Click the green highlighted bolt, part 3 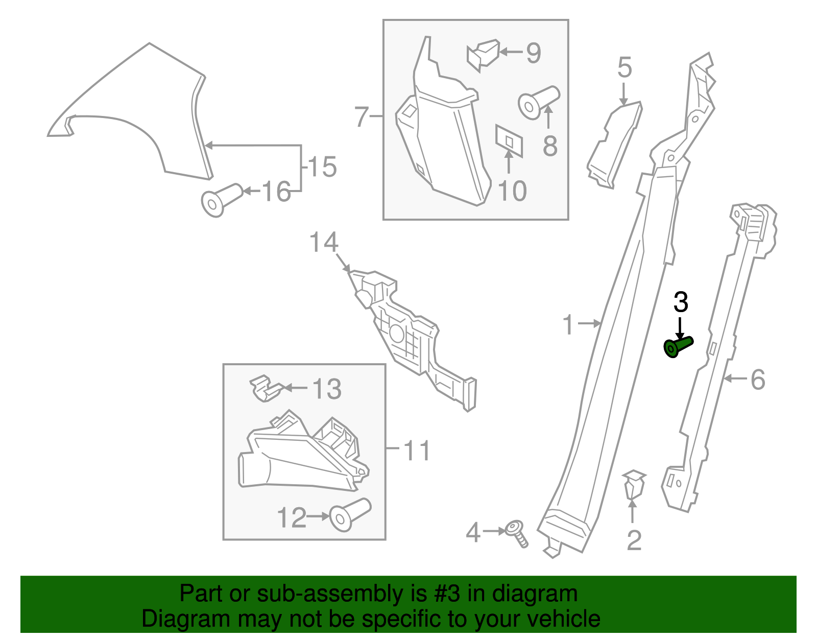pos(678,346)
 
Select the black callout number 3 pos(681,302)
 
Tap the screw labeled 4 pos(517,533)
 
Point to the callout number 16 pos(276,192)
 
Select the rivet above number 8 pos(538,101)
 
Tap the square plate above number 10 pos(509,140)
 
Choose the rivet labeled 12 pos(349,514)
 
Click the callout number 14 pos(324,242)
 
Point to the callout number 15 pos(323,167)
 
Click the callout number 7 pos(362,117)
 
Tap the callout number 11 pos(417,451)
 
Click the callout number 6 pos(758,380)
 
